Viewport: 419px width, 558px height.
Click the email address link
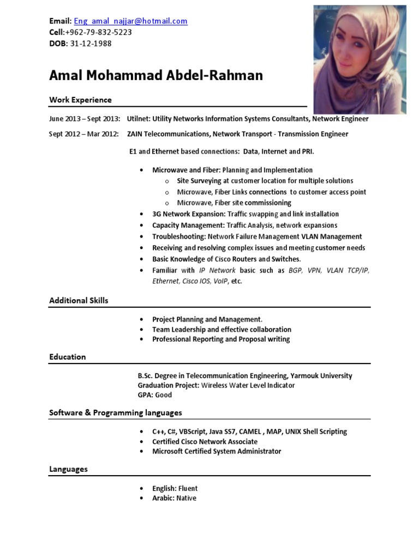pos(130,21)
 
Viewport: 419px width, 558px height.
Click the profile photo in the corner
pos(360,59)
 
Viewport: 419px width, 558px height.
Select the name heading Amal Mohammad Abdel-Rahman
pos(156,75)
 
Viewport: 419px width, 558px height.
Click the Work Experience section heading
pos(80,100)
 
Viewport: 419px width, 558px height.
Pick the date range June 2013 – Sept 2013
pos(85,119)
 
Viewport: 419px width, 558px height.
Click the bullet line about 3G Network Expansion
pos(246,214)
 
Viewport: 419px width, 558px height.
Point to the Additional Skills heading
pos(79,300)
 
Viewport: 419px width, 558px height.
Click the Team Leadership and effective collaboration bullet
pos(222,330)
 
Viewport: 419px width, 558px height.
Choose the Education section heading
pos(68,357)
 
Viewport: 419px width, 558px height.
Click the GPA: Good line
pos(154,395)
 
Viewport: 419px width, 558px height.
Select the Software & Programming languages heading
pos(116,413)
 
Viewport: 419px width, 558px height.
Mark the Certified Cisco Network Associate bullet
pos(205,441)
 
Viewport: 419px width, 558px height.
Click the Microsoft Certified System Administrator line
pos(217,451)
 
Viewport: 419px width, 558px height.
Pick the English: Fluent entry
pos(175,488)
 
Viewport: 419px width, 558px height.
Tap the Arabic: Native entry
pos(174,498)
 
